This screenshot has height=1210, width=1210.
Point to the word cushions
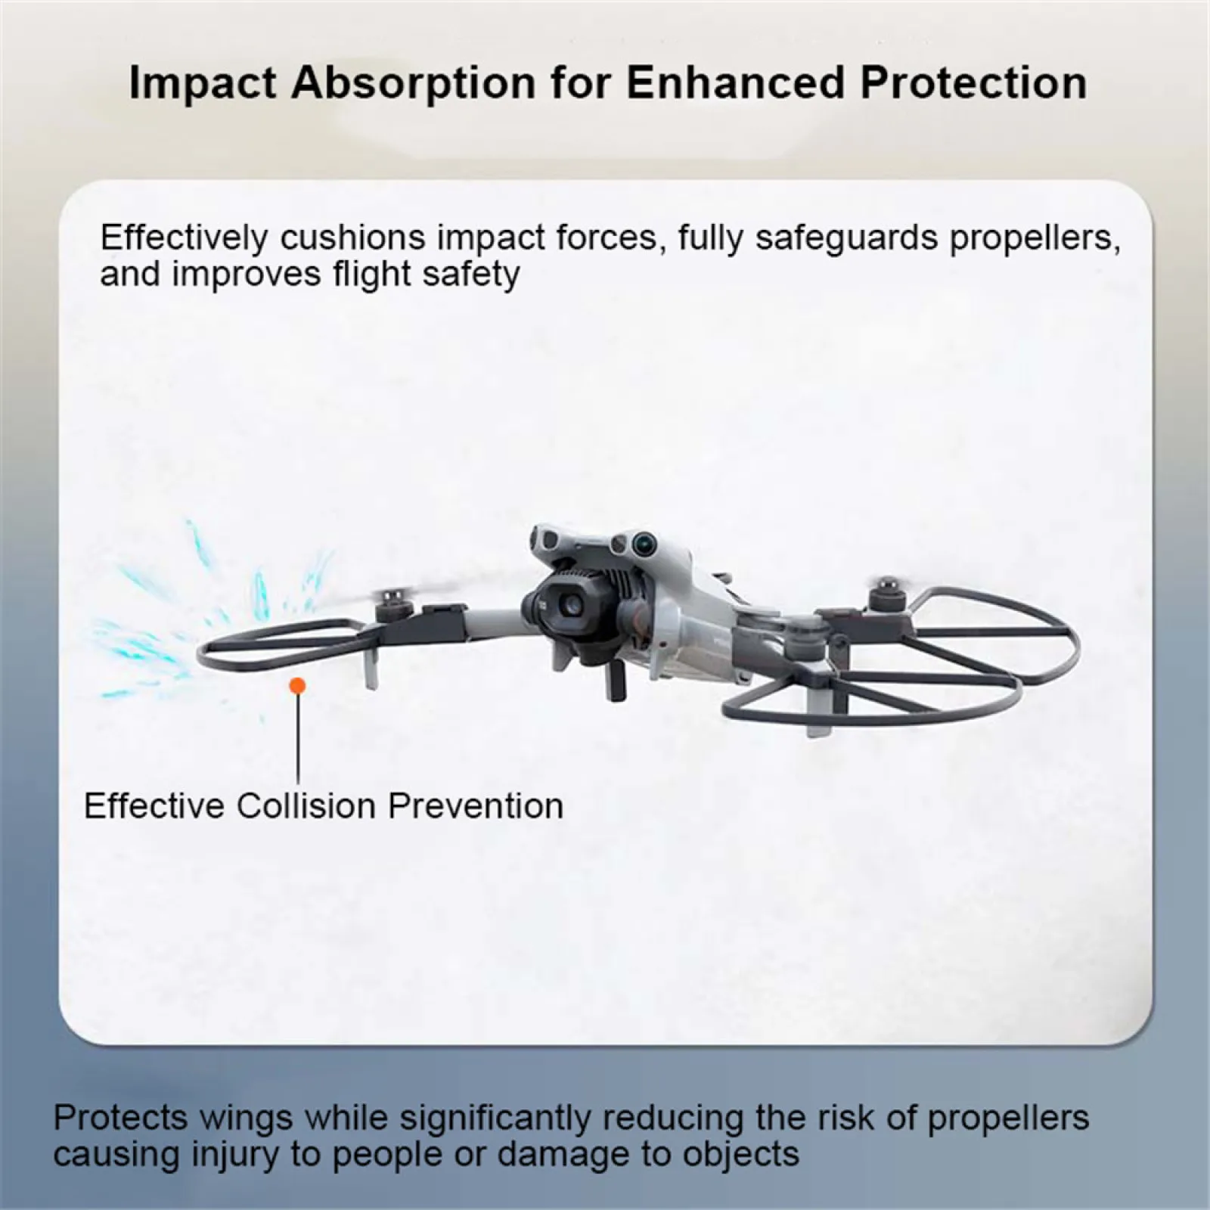[x=354, y=237]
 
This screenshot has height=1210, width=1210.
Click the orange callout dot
[x=298, y=686]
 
